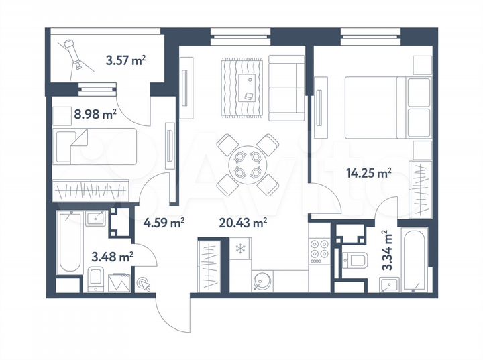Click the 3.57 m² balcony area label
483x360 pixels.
click(126, 61)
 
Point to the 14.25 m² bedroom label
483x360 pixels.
click(368, 173)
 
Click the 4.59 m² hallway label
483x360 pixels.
click(164, 222)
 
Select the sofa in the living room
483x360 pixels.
click(286, 88)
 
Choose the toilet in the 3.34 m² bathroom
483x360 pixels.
click(354, 261)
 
